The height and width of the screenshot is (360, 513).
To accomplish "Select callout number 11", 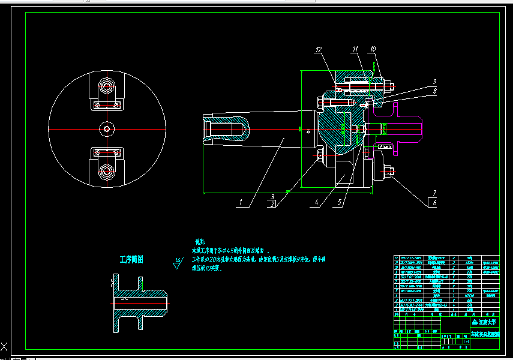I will pos(355,49).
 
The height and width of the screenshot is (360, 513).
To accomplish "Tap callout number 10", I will pos(373,49).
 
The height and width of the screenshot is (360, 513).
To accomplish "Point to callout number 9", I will pos(434,82).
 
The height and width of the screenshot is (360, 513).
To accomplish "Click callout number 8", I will pos(434,91).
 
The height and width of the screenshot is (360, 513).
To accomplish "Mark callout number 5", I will pos(340,203).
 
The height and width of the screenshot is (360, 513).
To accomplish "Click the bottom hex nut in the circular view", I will pos(107,172).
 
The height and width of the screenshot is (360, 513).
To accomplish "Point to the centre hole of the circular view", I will pos(107,128).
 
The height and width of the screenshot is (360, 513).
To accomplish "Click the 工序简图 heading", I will pos(131,259).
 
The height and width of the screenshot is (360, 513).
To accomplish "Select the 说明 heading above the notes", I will pos(200,240).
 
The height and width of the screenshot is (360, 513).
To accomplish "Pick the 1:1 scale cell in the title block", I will pos(467,341).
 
